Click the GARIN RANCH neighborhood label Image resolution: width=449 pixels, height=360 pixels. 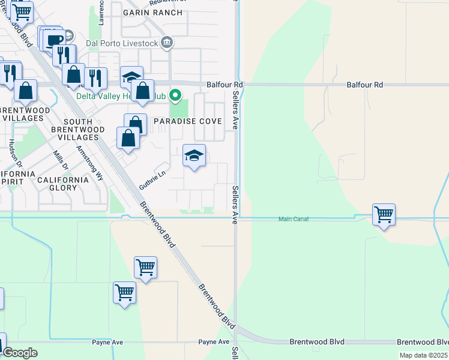pos(144,12)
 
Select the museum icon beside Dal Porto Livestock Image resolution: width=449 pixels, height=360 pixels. pos(168,43)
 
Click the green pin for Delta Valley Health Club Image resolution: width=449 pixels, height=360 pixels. pos(176,95)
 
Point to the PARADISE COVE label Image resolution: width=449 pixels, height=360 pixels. pos(188,121)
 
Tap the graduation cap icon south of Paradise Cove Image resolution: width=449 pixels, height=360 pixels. pos(194,157)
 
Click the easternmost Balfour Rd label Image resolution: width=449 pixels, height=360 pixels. pos(364,85)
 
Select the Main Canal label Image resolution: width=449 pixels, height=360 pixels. pos(294,219)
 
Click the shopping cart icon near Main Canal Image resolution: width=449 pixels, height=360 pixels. pos(384,214)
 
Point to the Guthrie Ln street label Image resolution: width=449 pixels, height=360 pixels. pos(152,179)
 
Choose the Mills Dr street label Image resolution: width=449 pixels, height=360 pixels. pos(58,161)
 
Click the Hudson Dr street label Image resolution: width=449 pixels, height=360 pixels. pos(14,154)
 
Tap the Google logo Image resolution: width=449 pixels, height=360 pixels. pos(20,353)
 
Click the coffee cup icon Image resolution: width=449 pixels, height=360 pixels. pos(55,40)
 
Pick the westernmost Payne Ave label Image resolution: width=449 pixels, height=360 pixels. pos(107,342)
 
